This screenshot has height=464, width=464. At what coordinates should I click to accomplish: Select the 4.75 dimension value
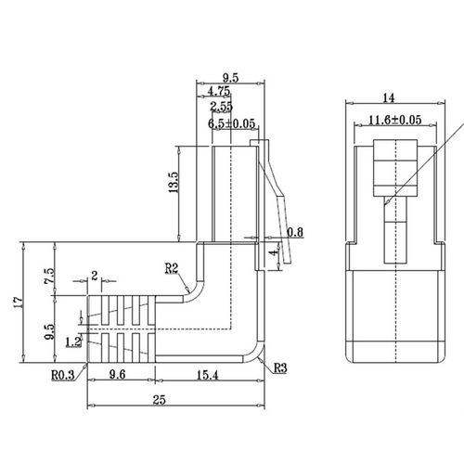point(219,93)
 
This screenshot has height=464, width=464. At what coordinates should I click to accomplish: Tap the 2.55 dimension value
point(221,108)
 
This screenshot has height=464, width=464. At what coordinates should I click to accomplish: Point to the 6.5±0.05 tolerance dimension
point(232,122)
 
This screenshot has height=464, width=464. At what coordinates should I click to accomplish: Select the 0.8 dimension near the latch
point(295,231)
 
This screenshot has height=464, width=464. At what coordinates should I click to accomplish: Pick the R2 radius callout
point(172,268)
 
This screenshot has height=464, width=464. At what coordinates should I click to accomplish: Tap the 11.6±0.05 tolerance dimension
point(395,120)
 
